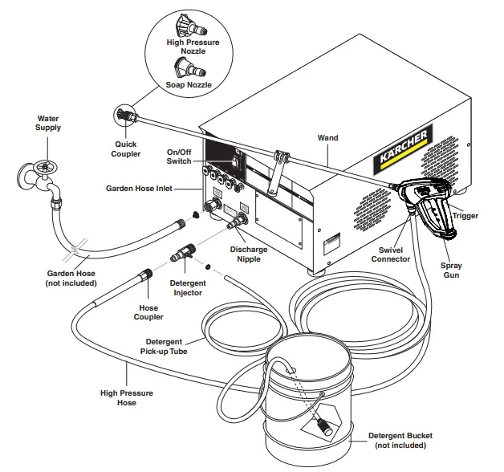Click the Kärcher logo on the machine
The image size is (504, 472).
point(407,149)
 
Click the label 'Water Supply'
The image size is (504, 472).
point(47,124)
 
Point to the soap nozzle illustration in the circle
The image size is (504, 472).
point(186,66)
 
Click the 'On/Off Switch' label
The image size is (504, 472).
point(179,157)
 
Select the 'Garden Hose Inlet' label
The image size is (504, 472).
point(152,189)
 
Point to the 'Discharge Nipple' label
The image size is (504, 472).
point(249,254)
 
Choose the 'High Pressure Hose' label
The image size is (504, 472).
point(126,398)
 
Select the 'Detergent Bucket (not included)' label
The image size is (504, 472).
point(400,441)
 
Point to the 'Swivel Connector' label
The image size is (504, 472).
point(391,254)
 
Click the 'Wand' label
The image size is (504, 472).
point(327,138)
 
